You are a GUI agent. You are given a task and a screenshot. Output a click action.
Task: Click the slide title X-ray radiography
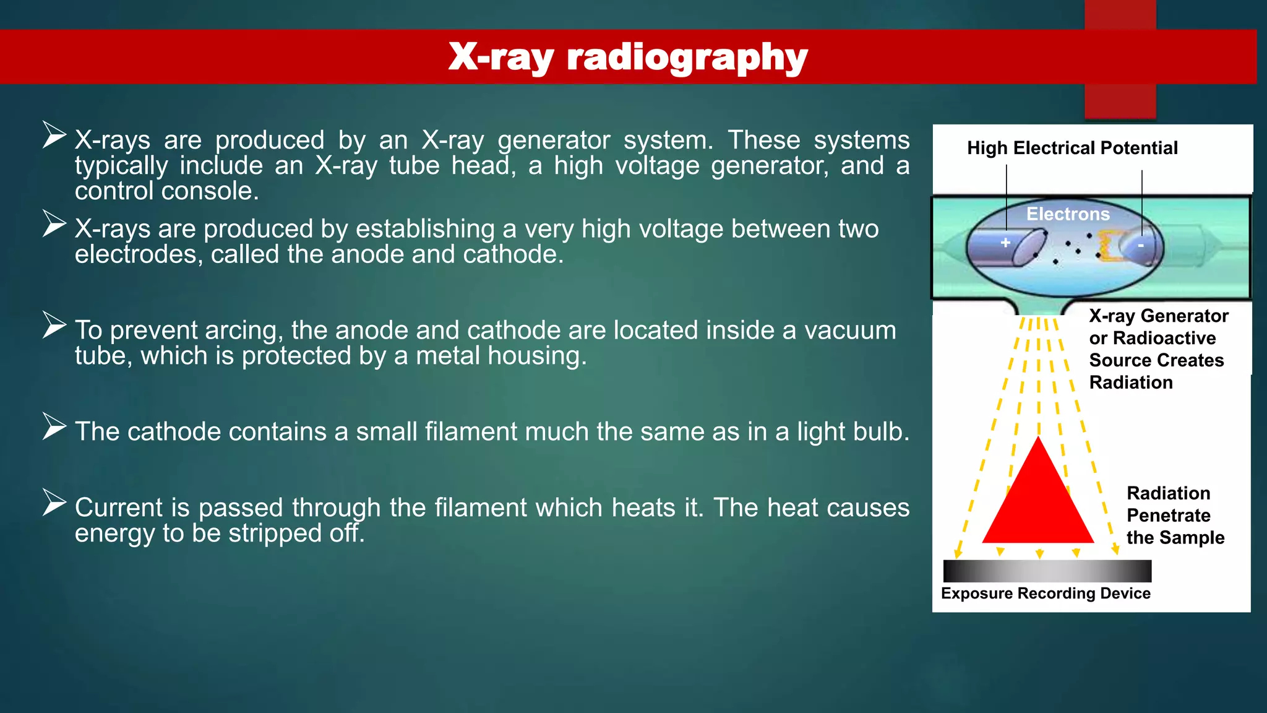coord(627,57)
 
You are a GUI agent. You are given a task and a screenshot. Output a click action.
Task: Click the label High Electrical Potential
coord(1072,149)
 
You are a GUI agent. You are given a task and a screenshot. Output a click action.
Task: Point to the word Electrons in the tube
coord(1068,214)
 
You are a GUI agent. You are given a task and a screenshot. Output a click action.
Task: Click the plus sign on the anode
coord(1005,243)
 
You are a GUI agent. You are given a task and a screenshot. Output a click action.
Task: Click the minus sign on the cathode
coord(1141,246)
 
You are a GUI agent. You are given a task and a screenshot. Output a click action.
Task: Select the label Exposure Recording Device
coord(1046,594)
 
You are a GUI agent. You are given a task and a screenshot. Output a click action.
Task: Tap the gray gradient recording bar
coord(1047,571)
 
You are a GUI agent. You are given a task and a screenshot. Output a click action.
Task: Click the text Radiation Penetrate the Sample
coord(1174,515)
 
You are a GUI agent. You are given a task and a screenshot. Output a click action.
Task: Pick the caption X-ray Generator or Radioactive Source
coord(1157,349)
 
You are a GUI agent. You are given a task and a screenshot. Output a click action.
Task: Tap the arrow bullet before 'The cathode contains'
coord(54,426)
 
